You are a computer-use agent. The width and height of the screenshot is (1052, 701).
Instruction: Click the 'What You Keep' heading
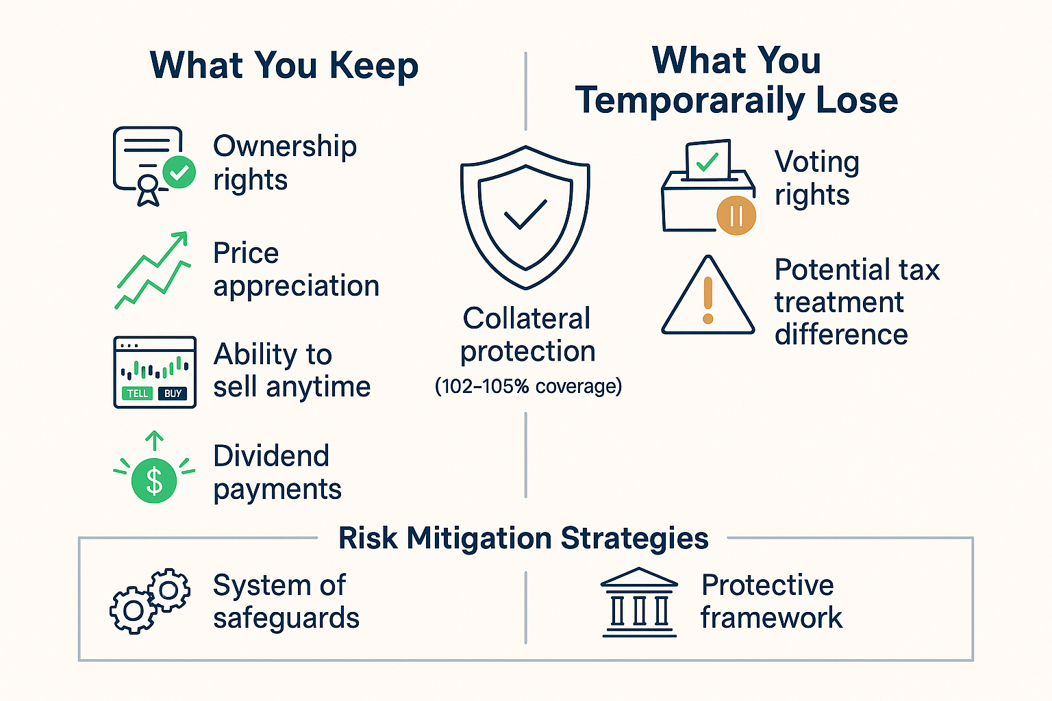284,66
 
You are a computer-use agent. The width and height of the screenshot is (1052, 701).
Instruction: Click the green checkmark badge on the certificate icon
179,172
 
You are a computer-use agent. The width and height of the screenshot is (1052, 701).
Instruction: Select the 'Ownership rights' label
284,163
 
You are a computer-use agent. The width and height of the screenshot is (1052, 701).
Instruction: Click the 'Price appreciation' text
296,270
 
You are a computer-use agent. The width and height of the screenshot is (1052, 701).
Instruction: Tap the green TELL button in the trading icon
138,393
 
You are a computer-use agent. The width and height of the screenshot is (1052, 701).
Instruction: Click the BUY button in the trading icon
173,393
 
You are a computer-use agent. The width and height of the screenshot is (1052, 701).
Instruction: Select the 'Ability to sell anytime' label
291,370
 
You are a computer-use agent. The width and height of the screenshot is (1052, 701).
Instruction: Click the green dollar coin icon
154,480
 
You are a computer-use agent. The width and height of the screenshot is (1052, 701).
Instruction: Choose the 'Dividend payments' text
277,472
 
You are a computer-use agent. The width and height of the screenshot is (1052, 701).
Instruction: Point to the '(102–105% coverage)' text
528,387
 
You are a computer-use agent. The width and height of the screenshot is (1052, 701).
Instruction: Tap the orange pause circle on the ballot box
736,216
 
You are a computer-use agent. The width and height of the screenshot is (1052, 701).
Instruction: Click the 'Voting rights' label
816,178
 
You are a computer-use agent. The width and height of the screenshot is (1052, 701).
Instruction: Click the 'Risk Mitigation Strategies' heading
523,538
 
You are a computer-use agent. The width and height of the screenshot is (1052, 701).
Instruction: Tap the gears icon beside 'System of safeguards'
150,600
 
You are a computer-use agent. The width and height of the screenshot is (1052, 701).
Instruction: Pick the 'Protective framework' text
770,601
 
